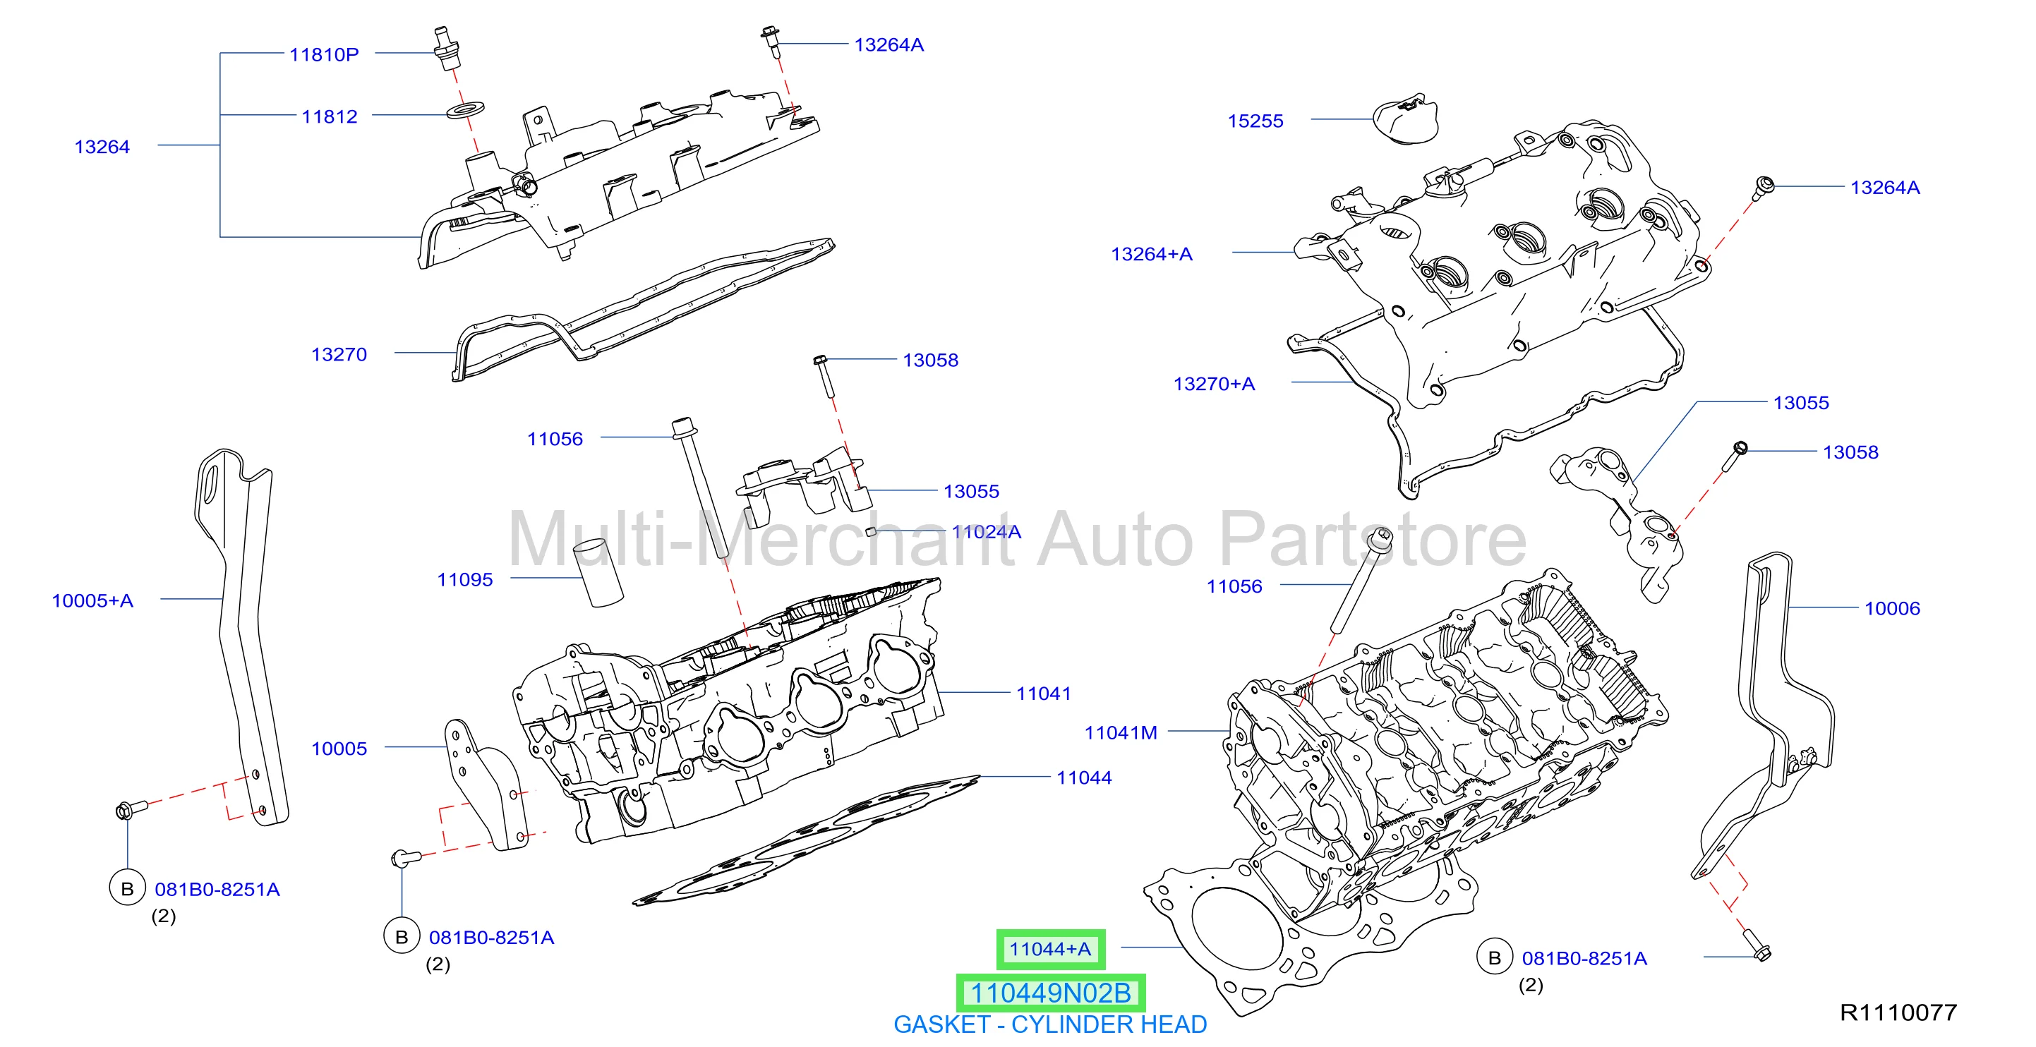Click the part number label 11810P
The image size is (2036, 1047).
click(324, 54)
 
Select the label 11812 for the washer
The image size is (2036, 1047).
click(330, 116)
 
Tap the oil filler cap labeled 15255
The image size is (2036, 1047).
click(1405, 119)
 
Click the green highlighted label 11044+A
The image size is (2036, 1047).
click(1050, 949)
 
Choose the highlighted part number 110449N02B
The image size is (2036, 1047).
click(1050, 993)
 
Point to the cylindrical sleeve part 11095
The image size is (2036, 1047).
click(598, 573)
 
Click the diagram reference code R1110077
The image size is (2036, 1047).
click(1898, 1012)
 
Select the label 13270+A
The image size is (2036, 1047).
click(1214, 384)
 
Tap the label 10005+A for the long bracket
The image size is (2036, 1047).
click(92, 600)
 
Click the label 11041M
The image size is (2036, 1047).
click(1121, 732)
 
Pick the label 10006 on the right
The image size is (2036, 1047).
click(1892, 608)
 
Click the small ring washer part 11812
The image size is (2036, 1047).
click(466, 109)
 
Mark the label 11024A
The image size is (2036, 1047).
click(987, 532)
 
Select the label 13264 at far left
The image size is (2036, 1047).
click(102, 147)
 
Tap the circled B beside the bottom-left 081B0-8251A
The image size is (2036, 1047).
click(127, 889)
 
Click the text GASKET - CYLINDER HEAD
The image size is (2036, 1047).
click(1050, 1025)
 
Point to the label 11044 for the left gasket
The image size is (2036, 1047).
click(1085, 777)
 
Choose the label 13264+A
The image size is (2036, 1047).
click(1152, 255)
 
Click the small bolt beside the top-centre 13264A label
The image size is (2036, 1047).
click(771, 42)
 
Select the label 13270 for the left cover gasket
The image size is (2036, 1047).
click(339, 355)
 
